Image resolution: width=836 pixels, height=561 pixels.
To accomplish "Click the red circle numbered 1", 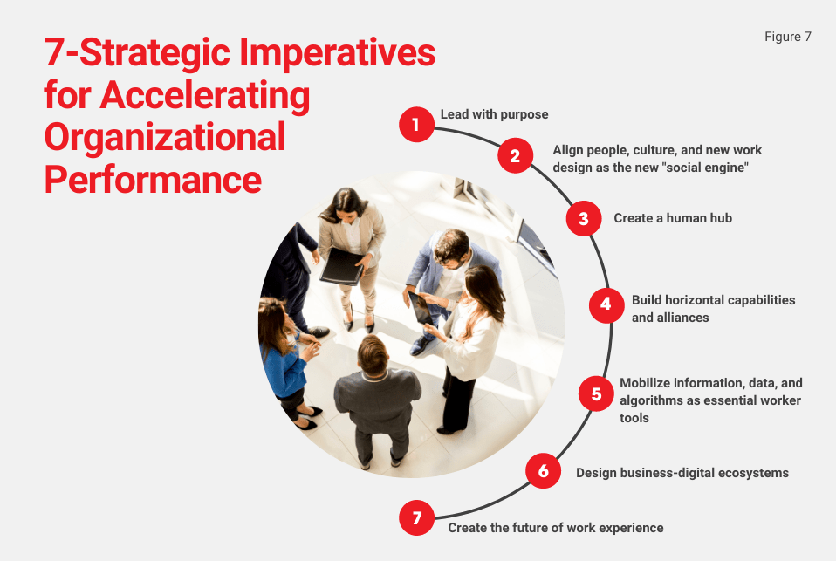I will (x=416, y=124).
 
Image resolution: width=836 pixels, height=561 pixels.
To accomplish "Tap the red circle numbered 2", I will (x=515, y=157).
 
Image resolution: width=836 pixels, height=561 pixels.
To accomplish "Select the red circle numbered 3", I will (x=584, y=218).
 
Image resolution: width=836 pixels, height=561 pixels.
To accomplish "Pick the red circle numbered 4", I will (x=606, y=305).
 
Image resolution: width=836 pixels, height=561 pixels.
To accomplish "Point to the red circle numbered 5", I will (x=597, y=393).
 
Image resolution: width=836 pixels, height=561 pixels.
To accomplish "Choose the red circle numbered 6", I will (x=543, y=472).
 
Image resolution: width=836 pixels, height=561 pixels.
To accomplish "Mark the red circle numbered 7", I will (x=417, y=518).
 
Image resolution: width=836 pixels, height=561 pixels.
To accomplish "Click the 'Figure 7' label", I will (x=787, y=37).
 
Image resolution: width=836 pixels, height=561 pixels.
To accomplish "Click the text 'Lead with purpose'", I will (x=494, y=114).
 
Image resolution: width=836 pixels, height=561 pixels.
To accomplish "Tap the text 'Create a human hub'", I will (x=672, y=218).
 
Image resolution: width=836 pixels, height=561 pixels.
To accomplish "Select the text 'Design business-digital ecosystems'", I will (x=682, y=473).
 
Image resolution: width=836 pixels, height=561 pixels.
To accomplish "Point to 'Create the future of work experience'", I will (x=555, y=528).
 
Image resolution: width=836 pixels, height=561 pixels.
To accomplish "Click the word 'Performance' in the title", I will (x=153, y=179).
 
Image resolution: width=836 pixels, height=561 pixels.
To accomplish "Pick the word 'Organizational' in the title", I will (x=165, y=137).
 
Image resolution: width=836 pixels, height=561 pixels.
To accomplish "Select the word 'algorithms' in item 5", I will (x=651, y=400).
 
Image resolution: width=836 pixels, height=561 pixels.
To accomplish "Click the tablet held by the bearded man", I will (x=421, y=306).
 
